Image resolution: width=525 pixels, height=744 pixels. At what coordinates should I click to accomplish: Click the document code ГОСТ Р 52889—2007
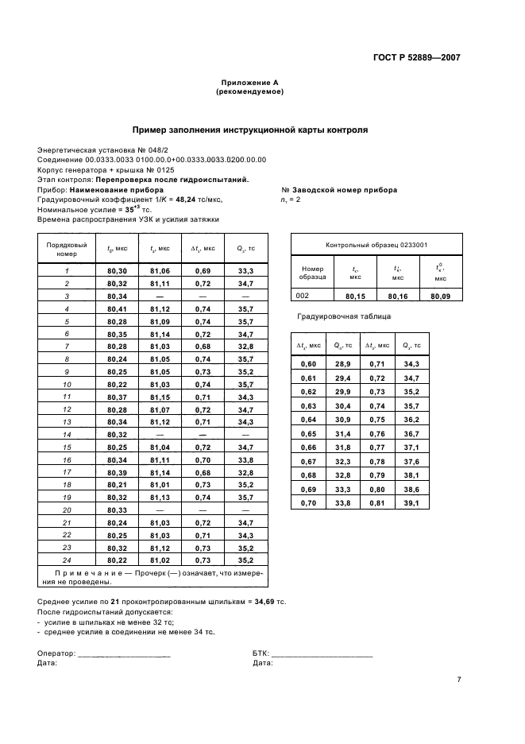click(417, 57)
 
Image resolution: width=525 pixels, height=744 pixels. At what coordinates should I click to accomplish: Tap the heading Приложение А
click(249, 83)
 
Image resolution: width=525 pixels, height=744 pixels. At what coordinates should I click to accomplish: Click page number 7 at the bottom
click(458, 680)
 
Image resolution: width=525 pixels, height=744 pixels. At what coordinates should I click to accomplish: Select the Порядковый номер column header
click(67, 250)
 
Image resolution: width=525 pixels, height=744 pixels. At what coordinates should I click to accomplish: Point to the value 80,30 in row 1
click(117, 271)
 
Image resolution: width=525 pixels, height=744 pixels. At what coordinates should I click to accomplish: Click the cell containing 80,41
click(117, 308)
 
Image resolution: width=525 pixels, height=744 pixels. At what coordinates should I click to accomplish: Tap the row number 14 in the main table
click(67, 435)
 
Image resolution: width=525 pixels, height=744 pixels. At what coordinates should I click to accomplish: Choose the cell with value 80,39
click(117, 471)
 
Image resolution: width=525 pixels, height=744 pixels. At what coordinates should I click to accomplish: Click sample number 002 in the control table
click(303, 295)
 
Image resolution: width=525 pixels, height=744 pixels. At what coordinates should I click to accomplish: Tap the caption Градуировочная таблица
click(334, 316)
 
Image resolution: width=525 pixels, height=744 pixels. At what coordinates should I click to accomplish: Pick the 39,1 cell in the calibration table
click(411, 503)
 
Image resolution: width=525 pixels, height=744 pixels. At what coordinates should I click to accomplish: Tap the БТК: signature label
click(260, 653)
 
